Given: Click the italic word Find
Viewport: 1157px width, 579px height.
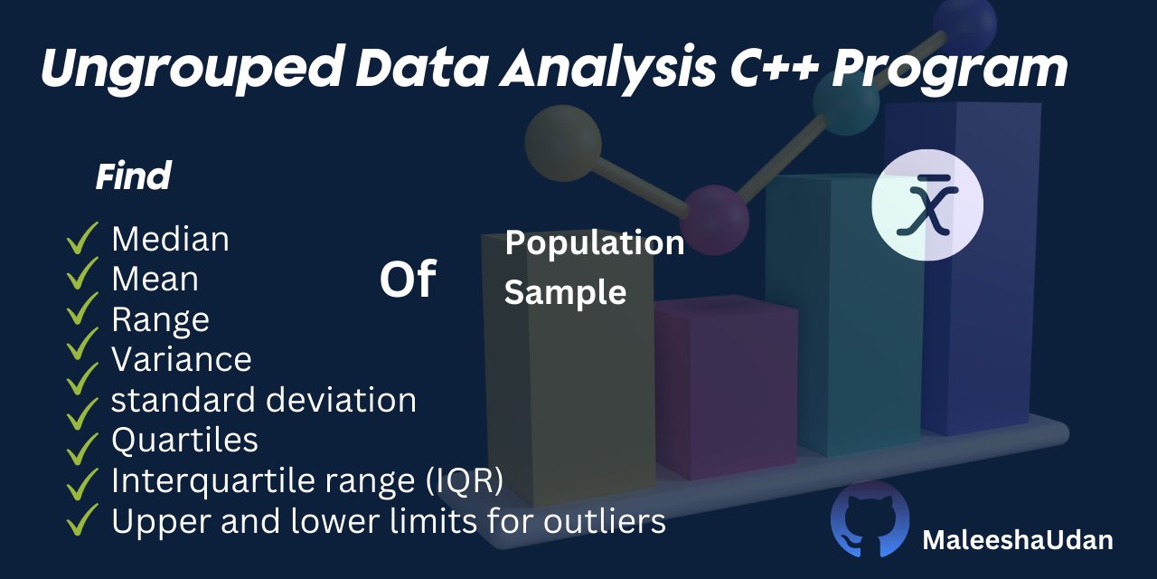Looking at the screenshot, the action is (133, 176).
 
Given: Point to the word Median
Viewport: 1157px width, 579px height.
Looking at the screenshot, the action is (171, 239).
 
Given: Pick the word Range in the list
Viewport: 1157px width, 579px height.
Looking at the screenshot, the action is (161, 320).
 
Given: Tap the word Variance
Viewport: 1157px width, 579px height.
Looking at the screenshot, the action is (182, 359).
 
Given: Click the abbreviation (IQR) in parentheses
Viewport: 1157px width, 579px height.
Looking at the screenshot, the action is (464, 480).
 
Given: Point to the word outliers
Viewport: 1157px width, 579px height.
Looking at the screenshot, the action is (605, 520).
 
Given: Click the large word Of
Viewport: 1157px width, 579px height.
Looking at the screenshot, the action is (408, 280).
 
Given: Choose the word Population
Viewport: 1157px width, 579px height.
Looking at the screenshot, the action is (595, 243).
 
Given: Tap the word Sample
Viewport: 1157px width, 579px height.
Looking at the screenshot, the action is (566, 292).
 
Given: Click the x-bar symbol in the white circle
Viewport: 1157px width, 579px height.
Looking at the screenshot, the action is (927, 205).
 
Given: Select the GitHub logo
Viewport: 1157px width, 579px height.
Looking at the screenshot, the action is (870, 519).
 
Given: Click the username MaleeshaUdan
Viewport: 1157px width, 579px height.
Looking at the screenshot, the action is (1018, 540).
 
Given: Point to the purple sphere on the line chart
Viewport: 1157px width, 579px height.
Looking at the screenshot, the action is (714, 220).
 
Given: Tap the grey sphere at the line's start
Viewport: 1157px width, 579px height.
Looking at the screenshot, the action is (563, 143).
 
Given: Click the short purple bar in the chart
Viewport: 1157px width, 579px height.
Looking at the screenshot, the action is (726, 386).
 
